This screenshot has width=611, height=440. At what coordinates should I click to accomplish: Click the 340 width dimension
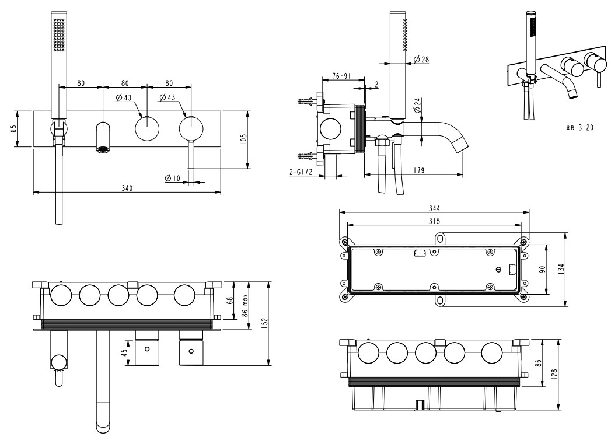point(127,188)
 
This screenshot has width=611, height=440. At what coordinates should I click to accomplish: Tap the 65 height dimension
point(13,128)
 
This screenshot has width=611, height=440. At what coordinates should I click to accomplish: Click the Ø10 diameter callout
point(173,178)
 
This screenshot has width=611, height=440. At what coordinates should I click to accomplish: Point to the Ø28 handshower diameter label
point(421,60)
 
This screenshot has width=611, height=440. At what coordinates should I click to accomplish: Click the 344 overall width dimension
point(434,208)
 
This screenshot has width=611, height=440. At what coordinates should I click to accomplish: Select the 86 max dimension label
point(246,304)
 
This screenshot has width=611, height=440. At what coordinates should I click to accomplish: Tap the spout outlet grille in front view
point(103,149)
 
